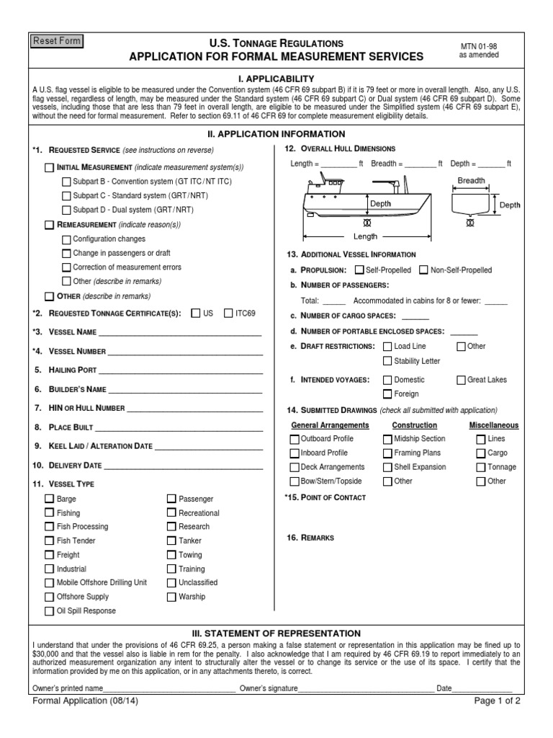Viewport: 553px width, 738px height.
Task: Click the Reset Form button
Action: (57, 42)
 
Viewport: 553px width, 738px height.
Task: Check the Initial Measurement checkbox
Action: (49, 167)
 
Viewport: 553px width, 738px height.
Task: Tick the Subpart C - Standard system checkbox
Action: (66, 195)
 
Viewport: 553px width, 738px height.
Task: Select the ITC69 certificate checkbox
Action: (228, 314)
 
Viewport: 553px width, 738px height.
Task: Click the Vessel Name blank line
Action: (180, 332)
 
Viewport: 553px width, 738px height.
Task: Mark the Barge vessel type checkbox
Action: (49, 499)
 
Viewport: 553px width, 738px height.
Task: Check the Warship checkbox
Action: (171, 596)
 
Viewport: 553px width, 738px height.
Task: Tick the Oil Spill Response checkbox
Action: (49, 610)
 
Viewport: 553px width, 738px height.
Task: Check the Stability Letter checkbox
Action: (387, 360)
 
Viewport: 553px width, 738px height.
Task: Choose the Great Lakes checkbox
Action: (461, 380)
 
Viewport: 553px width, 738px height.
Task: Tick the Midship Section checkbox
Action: (387, 438)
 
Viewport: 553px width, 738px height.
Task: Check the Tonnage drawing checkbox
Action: (480, 466)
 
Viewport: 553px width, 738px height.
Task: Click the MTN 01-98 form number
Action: (479, 45)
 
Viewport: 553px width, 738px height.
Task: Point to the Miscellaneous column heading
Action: (493, 425)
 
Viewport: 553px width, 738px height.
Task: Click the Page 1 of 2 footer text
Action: (496, 700)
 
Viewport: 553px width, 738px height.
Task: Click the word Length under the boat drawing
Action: (365, 236)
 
